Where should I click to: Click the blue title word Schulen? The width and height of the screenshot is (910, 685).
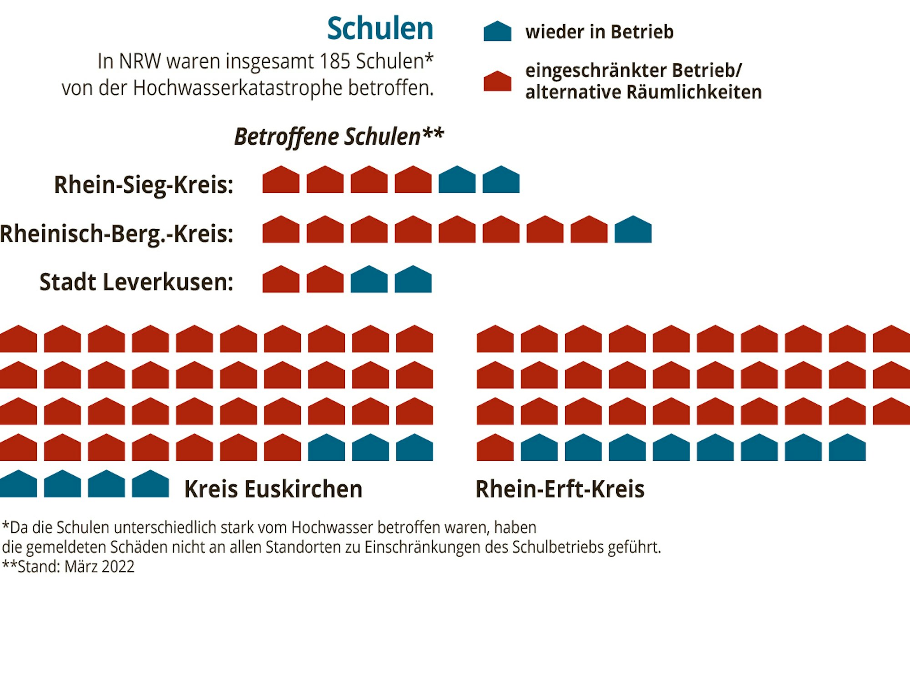tap(380, 28)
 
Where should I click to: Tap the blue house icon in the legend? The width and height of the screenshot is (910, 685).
tap(497, 32)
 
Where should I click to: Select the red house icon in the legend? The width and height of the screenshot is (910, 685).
tap(497, 81)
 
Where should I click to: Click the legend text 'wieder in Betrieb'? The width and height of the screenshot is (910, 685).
tap(599, 32)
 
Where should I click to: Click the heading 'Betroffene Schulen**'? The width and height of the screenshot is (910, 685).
tap(339, 136)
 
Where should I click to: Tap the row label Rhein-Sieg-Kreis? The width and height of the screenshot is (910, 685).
tap(143, 185)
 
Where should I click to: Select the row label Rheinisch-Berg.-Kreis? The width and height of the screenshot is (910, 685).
tap(116, 234)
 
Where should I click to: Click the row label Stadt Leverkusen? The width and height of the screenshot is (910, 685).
tap(136, 282)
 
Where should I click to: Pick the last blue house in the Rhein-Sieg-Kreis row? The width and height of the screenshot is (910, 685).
tap(501, 180)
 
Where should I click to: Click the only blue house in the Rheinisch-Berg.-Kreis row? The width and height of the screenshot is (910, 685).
tap(633, 230)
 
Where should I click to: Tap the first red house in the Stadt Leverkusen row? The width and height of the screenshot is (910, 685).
tap(281, 280)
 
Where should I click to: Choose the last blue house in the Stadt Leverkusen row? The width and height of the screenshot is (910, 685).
tap(413, 280)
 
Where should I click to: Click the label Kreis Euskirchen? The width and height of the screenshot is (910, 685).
tap(273, 489)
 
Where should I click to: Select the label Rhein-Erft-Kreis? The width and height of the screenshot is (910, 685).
tap(560, 489)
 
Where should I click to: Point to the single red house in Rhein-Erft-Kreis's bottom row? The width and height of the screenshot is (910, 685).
tap(495, 448)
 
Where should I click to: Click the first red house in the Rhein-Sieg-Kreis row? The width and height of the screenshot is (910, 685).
tap(281, 180)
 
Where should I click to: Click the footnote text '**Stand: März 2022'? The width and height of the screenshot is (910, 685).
tap(68, 567)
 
